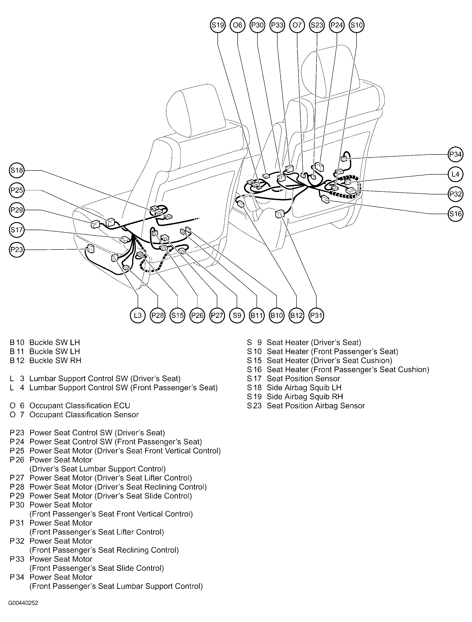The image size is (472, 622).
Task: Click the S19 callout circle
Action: (x=218, y=25)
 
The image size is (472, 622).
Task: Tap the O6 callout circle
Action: (x=238, y=25)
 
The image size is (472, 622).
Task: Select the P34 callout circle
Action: (x=455, y=154)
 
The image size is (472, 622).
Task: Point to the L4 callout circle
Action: (x=455, y=174)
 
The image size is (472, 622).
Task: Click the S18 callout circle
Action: (x=17, y=170)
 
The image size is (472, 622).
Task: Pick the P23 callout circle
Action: (x=17, y=250)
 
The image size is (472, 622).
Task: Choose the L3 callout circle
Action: (x=138, y=315)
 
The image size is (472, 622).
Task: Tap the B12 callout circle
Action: (x=296, y=315)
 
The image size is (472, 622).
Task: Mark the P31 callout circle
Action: (x=316, y=315)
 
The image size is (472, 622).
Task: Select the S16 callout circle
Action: (x=455, y=214)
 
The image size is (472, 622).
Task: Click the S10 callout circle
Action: (x=356, y=25)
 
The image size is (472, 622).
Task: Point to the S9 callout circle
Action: (x=237, y=315)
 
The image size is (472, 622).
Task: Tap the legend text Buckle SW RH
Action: (x=55, y=360)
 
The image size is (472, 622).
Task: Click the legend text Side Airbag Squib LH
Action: (x=304, y=387)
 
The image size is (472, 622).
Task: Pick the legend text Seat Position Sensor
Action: (x=303, y=378)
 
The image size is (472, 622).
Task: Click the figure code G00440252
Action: (x=23, y=603)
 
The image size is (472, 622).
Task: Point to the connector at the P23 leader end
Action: (x=90, y=248)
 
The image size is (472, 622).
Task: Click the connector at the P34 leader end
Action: (x=344, y=159)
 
